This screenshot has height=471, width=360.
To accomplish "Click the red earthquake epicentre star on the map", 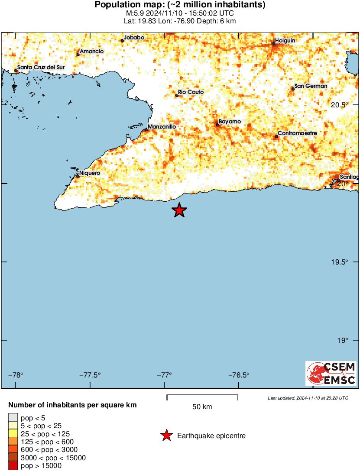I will click(179, 210).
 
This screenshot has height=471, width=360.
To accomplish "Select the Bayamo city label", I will click(230, 122).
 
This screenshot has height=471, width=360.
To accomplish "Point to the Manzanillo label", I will click(162, 126).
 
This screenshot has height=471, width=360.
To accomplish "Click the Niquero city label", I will click(90, 173).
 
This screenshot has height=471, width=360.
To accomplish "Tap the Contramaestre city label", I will click(297, 133).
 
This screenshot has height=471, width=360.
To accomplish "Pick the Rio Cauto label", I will click(191, 92).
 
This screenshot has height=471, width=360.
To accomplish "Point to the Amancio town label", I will click(92, 51).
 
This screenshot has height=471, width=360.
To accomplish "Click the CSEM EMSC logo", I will click(331, 374).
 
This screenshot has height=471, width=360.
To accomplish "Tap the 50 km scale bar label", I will click(202, 406).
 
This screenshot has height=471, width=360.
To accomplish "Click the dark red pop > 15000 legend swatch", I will click(13, 466).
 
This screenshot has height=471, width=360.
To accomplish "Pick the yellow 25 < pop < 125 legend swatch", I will click(13, 434).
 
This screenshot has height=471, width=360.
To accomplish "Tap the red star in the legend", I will click(166, 436).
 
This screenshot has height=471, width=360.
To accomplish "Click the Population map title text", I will click(180, 5).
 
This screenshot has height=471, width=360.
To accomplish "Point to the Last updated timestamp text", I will click(308, 398).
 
